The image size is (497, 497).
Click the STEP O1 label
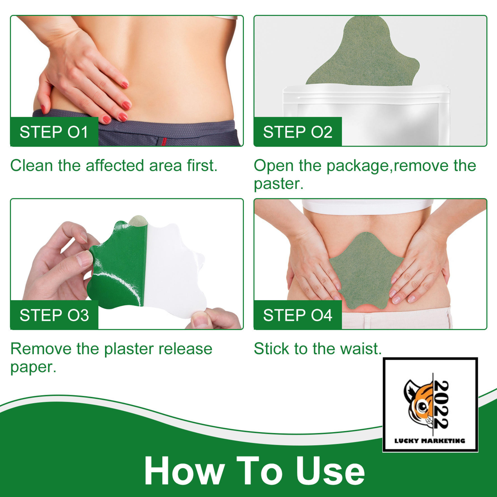54,132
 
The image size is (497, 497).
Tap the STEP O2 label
298,132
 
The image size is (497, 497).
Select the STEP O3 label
54,315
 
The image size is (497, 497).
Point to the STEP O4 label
298,315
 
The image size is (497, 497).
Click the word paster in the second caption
279,184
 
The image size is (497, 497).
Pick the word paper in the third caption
33,367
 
